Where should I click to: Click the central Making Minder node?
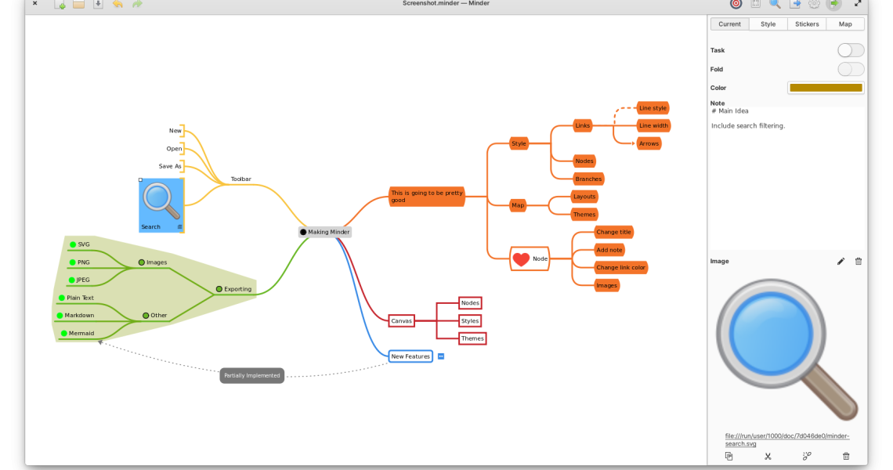(x=325, y=232)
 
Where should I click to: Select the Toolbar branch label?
(x=240, y=179)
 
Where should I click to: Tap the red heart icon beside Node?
(x=521, y=258)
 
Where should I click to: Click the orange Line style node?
(x=653, y=107)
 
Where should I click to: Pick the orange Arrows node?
(x=649, y=143)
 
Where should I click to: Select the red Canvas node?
(x=401, y=320)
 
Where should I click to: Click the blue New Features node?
(x=410, y=356)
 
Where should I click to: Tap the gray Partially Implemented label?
(x=251, y=376)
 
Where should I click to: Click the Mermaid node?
(x=81, y=333)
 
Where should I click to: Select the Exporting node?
(x=237, y=289)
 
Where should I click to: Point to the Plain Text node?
(x=80, y=298)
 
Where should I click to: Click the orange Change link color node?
(x=621, y=268)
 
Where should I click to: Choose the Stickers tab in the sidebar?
(x=807, y=24)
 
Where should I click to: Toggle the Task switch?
(x=850, y=50)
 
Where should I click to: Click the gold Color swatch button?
(x=826, y=88)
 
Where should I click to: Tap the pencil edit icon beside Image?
(x=841, y=262)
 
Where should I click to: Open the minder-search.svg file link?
(x=786, y=439)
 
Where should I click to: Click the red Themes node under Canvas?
(x=472, y=338)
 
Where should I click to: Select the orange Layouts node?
(x=584, y=197)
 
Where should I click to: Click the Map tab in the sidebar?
(x=845, y=24)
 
